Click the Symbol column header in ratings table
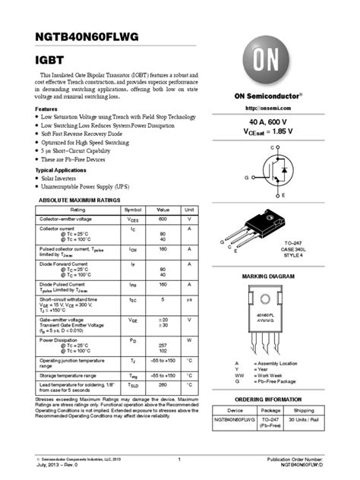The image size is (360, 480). (133, 209)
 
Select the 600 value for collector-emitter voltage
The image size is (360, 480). (163, 218)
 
